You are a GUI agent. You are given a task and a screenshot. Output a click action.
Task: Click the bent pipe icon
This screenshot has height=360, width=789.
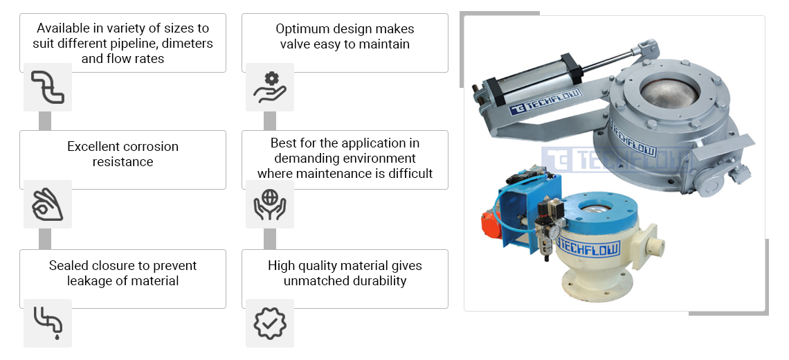tap(48, 87)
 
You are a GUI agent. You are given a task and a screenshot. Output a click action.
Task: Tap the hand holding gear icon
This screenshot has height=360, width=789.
tap(270, 87)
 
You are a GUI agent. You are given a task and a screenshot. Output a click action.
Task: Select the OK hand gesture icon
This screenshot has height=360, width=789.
tap(48, 204)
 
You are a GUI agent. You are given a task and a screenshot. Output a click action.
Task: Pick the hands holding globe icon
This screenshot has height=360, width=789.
tap(270, 204)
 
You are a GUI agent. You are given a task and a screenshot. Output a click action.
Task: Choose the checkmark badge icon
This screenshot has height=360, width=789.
tap(270, 323)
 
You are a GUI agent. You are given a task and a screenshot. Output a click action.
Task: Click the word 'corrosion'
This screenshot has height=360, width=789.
tap(150, 147)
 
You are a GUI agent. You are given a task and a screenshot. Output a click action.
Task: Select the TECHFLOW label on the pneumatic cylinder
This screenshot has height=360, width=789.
tap(545, 102)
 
